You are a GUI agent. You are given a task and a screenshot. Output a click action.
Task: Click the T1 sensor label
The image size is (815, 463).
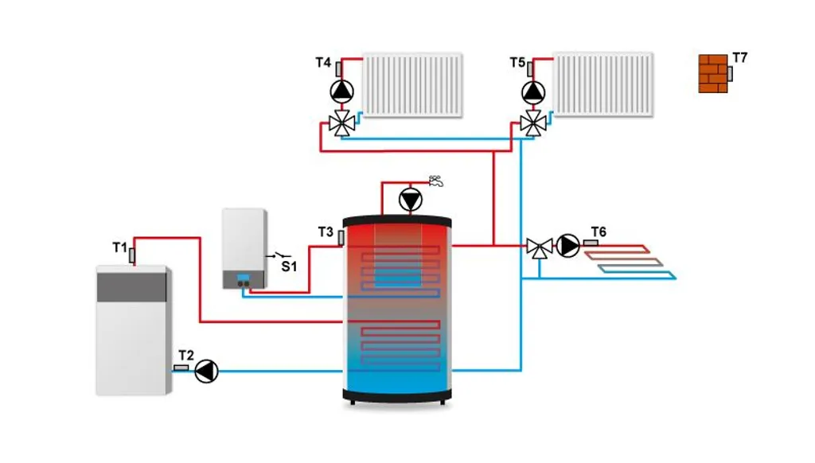tap(119, 247)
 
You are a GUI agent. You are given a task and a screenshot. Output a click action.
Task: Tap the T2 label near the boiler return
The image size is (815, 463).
tap(186, 355)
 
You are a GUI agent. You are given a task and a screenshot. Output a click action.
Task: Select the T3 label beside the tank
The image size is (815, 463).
tap(326, 231)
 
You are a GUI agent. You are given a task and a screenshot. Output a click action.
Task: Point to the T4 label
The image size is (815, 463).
tap(323, 62)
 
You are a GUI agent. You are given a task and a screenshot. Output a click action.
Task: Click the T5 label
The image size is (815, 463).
tap(518, 62)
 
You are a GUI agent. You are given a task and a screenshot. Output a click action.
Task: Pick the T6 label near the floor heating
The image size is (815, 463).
tap(599, 231)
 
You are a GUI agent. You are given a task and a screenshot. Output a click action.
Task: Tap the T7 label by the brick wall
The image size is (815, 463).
tap(740, 57)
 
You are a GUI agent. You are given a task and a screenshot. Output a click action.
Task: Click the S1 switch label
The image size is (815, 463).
tap(289, 267)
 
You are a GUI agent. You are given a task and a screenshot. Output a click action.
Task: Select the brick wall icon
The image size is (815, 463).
tap(713, 73)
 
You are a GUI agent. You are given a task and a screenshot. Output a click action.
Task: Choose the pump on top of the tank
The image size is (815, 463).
tap(411, 199)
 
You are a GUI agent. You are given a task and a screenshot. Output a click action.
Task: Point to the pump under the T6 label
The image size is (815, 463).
tap(568, 246)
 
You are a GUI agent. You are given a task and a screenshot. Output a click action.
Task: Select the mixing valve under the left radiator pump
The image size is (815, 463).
tap(342, 123)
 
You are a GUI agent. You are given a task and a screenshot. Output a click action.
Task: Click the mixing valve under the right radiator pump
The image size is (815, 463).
tap(532, 123)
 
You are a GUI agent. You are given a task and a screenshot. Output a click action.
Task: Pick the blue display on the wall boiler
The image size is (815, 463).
tap(244, 279)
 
